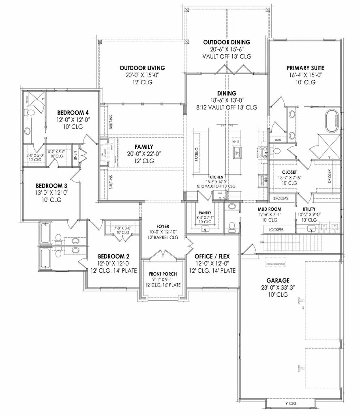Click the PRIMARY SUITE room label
coord(305,68)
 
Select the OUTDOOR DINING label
coord(226,42)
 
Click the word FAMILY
coord(144,147)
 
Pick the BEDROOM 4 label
coord(73,112)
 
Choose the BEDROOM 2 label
coord(114,257)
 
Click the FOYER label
coord(163,226)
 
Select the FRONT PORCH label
coord(163,274)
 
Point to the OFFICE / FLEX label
coord(215,257)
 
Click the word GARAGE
coord(278,280)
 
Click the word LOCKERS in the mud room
coord(276,229)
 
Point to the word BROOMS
coord(281,198)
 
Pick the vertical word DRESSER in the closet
coord(329,176)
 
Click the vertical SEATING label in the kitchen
coord(197,154)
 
